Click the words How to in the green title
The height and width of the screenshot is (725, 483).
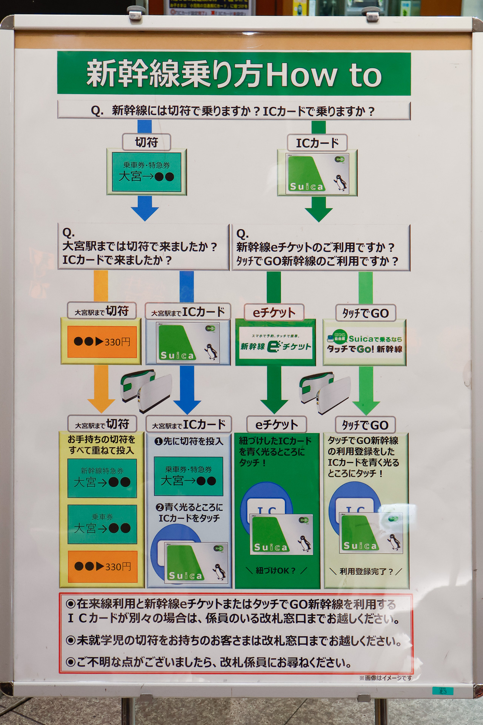click(x=325, y=74)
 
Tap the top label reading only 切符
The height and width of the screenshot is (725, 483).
click(x=146, y=142)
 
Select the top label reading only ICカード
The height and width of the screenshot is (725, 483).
click(x=317, y=143)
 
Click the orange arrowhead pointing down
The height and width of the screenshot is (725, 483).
click(x=101, y=405)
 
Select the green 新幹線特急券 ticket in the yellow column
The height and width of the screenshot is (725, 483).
click(x=102, y=478)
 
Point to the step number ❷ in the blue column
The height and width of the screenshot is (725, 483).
click(x=160, y=507)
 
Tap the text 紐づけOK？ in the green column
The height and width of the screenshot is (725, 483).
click(x=276, y=571)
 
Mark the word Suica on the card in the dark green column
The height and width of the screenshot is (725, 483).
click(x=271, y=547)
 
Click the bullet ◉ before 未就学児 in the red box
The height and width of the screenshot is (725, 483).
click(x=71, y=640)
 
